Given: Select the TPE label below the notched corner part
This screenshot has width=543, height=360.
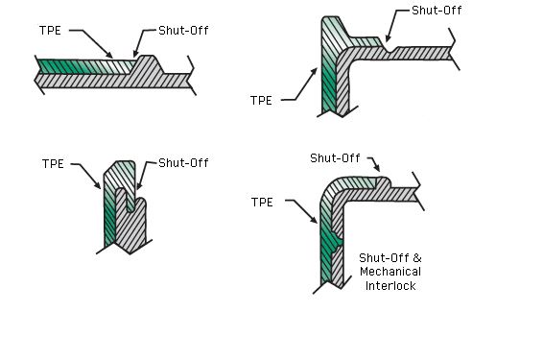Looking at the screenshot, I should coord(261,99).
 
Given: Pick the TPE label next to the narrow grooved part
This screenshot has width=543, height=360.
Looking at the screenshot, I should coord(53,164).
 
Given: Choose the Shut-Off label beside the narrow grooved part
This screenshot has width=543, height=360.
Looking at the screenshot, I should coord(183,163).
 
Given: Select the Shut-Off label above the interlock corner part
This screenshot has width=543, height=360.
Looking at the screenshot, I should coord(335,157).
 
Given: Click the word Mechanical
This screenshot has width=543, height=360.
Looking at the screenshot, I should coord(390,273).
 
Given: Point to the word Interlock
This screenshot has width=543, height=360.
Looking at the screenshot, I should coord(390,286).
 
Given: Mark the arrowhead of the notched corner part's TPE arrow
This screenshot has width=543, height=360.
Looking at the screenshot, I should coord(316,69).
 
